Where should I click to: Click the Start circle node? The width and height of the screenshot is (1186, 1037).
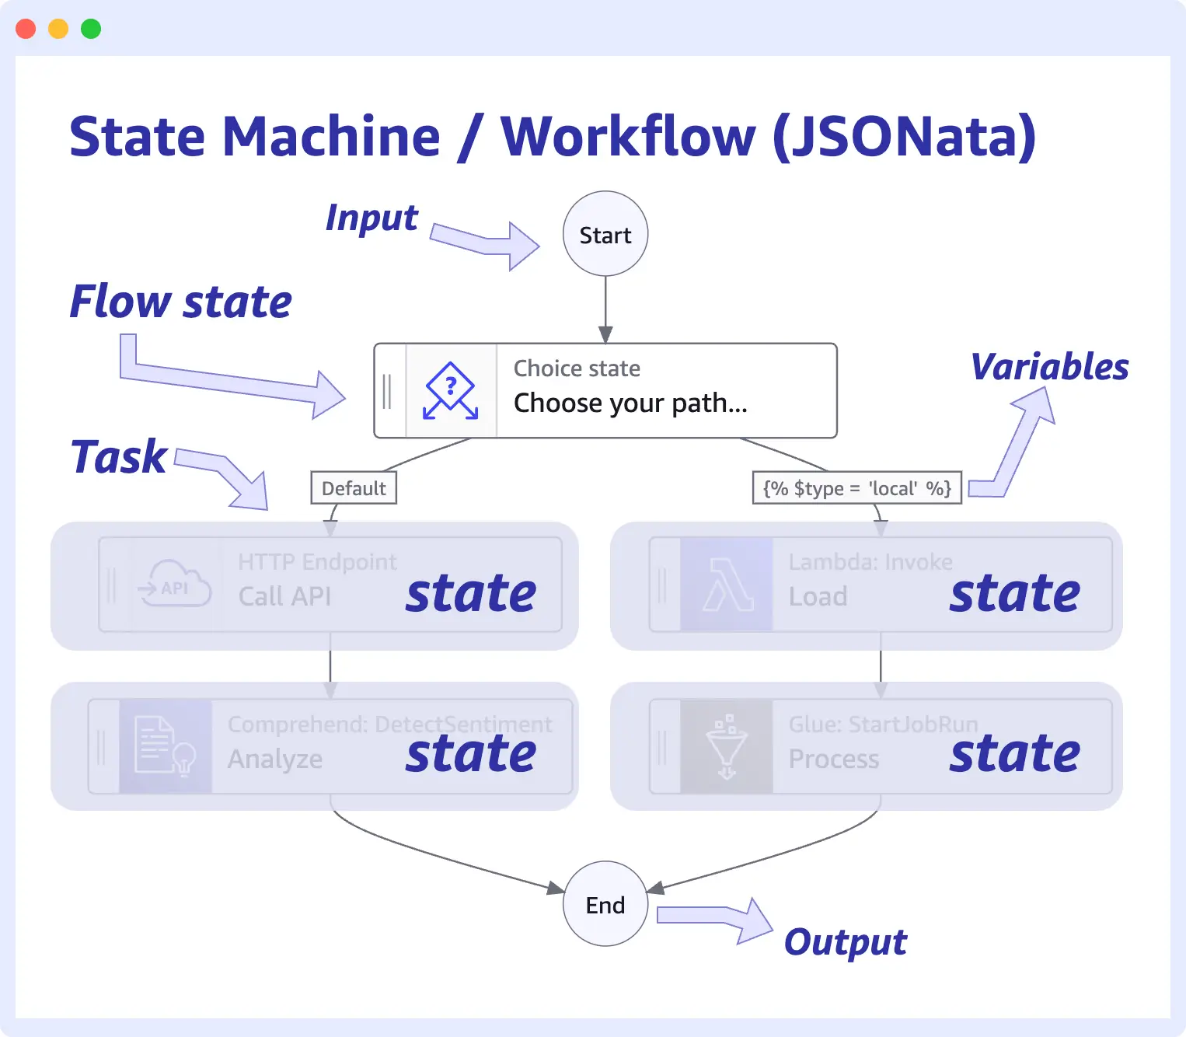[605, 234]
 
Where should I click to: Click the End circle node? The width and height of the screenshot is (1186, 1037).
[605, 904]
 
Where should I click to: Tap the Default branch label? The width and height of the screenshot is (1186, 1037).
[354, 488]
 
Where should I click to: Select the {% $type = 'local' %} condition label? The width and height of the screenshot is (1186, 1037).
[856, 488]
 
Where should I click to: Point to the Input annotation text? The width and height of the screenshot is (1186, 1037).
[371, 218]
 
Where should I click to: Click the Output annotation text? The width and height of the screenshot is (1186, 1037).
[845, 942]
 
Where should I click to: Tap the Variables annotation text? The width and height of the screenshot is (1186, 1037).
[1049, 367]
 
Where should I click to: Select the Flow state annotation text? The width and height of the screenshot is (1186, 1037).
[180, 302]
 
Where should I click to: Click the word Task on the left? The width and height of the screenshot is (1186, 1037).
[119, 456]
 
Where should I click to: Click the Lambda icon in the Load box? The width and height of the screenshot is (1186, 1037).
[727, 585]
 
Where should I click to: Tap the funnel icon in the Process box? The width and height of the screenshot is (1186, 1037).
[727, 746]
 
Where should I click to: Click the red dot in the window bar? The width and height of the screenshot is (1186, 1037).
[26, 29]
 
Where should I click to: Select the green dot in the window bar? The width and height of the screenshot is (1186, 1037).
[91, 29]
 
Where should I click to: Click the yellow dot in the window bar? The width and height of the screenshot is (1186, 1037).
[58, 29]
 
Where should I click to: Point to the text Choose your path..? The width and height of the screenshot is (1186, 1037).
[630, 403]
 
